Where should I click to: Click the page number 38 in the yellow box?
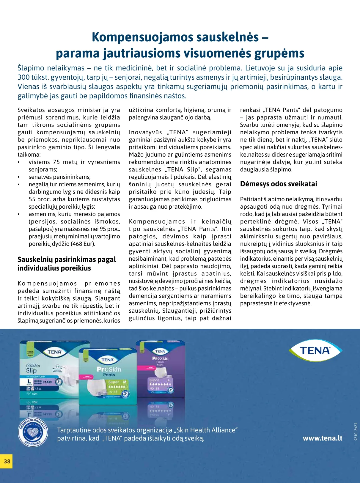click(7, 461)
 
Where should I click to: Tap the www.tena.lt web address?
click(322, 438)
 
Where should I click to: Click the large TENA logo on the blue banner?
click(315, 350)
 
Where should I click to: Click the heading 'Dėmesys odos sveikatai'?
click(278, 184)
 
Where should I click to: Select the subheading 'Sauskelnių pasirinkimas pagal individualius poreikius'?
click(67, 264)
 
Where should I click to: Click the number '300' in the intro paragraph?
click(24, 77)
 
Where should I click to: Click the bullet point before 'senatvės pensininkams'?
click(19, 177)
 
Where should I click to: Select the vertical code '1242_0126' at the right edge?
click(356, 431)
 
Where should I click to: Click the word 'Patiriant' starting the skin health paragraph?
click(251, 199)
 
